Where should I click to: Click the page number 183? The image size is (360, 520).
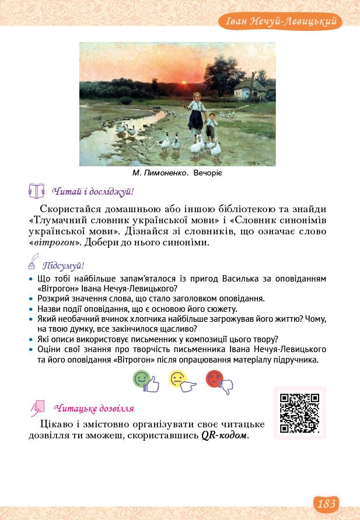point(326,503)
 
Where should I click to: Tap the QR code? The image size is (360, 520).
point(299,413)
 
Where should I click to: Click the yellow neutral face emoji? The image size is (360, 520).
point(180,381)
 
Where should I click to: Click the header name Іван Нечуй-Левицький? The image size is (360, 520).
point(280,23)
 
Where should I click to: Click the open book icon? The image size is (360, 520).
point(36,191)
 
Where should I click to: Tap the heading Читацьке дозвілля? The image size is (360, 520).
point(93,408)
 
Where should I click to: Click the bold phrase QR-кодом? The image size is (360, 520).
point(224,435)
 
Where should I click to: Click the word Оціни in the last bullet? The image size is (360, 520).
point(49,349)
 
